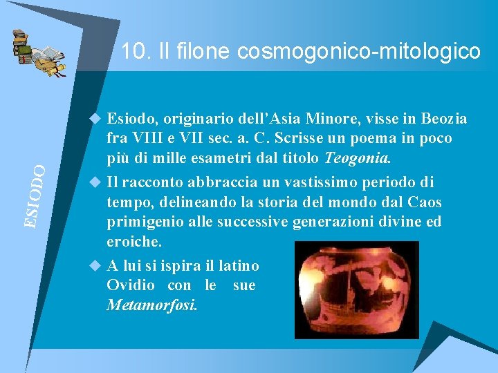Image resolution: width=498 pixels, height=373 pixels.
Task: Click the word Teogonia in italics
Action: (357, 158)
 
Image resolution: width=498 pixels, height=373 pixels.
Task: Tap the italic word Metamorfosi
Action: (151, 305)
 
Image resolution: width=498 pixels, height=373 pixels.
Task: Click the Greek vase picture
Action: (356, 289)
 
